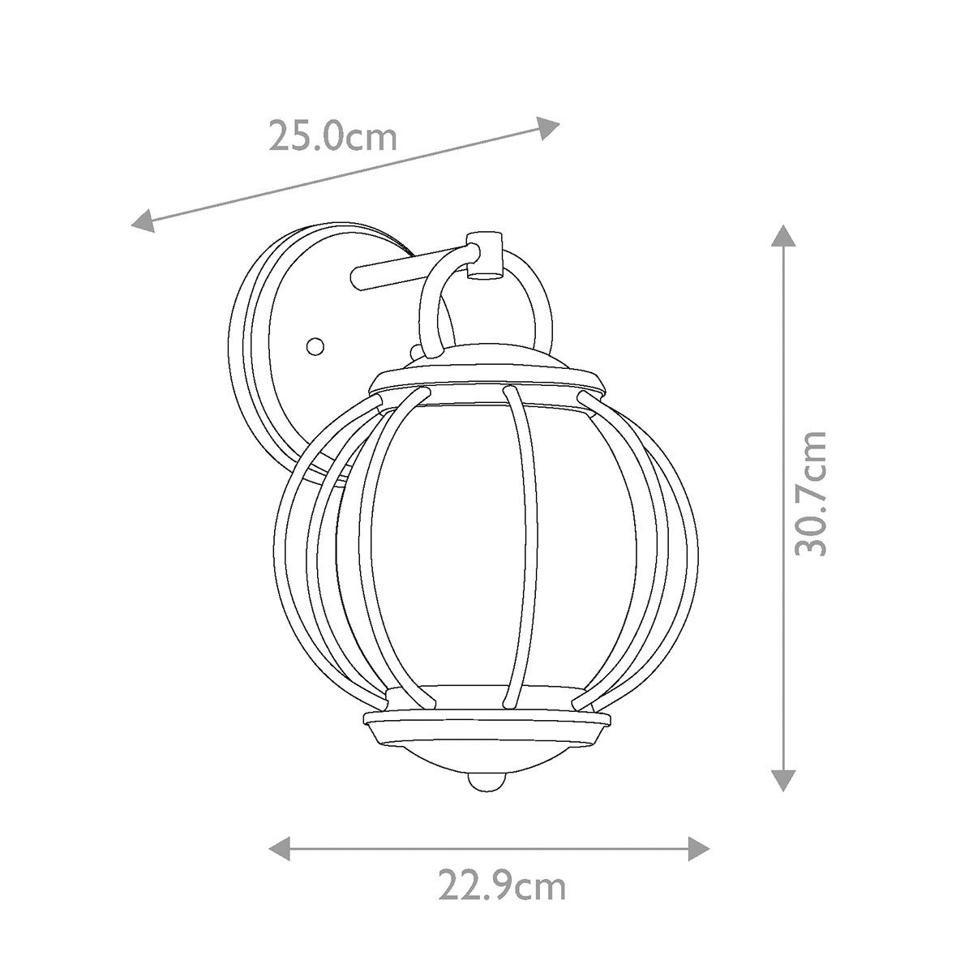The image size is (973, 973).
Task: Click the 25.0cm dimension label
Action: pos(332,137)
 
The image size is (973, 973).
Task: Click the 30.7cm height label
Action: pos(811,494)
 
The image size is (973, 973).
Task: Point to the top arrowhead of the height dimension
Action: pos(783,236)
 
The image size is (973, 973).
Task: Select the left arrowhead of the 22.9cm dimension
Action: pos(279,849)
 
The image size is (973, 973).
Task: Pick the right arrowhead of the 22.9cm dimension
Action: pos(699,849)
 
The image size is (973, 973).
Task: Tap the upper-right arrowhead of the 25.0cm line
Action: pos(548,128)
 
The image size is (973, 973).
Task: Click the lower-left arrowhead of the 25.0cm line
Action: pos(143,221)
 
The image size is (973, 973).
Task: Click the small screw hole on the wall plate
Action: pos(315,346)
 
